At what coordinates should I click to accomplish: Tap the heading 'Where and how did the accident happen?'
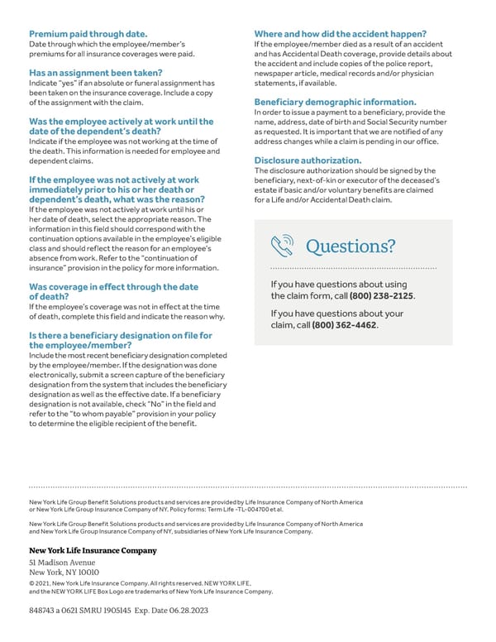tap(340, 34)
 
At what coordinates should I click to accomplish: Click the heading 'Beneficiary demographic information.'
tap(335, 103)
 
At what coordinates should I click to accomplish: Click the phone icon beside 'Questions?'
tap(283, 247)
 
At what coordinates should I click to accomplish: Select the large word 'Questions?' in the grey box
tap(351, 247)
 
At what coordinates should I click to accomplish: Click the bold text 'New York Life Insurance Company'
tap(93, 550)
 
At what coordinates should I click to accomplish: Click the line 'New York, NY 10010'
tap(64, 572)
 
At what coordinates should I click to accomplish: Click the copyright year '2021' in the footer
tap(49, 583)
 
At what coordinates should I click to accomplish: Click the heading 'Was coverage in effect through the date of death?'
tap(113, 291)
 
